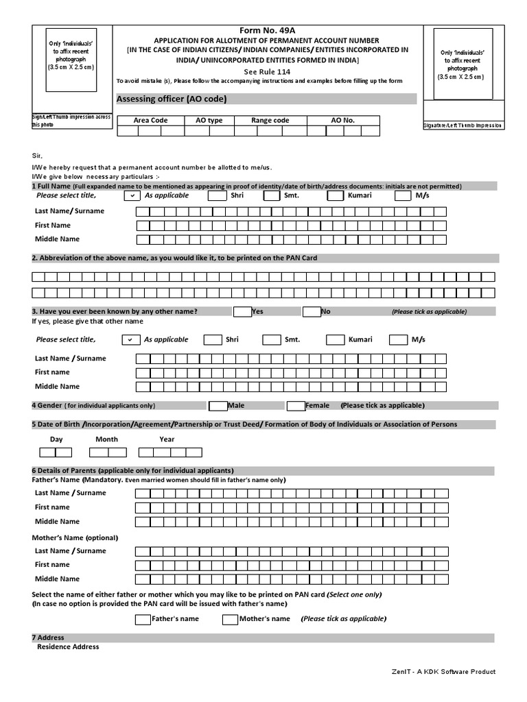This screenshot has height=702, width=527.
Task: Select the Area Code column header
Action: pyautogui.click(x=150, y=120)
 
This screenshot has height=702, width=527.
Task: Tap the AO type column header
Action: pyautogui.click(x=209, y=120)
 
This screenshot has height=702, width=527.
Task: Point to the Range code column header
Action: pyautogui.click(x=270, y=120)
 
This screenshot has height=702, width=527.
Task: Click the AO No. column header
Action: pyautogui.click(x=342, y=120)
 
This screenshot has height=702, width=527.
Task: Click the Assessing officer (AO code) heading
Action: pyautogui.click(x=172, y=99)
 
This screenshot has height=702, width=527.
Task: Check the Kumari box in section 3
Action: pyautogui.click(x=335, y=339)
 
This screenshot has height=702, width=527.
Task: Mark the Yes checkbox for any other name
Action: pyautogui.click(x=242, y=311)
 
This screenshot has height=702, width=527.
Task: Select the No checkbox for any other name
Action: pyautogui.click(x=312, y=311)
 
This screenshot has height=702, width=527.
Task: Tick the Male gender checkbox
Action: pyautogui.click(x=218, y=405)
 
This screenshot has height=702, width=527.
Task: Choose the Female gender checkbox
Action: pyautogui.click(x=296, y=405)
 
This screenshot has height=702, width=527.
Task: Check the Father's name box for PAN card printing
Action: pyautogui.click(x=142, y=620)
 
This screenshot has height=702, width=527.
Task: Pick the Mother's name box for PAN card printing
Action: pyautogui.click(x=230, y=620)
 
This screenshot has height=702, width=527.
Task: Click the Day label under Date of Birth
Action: pyautogui.click(x=56, y=439)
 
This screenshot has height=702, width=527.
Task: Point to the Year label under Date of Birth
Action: pyautogui.click(x=167, y=439)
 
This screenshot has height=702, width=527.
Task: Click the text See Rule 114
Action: pyautogui.click(x=266, y=71)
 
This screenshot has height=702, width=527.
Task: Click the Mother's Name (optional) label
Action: pyautogui.click(x=75, y=537)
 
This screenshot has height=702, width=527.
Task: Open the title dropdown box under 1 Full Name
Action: pyautogui.click(x=132, y=196)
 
